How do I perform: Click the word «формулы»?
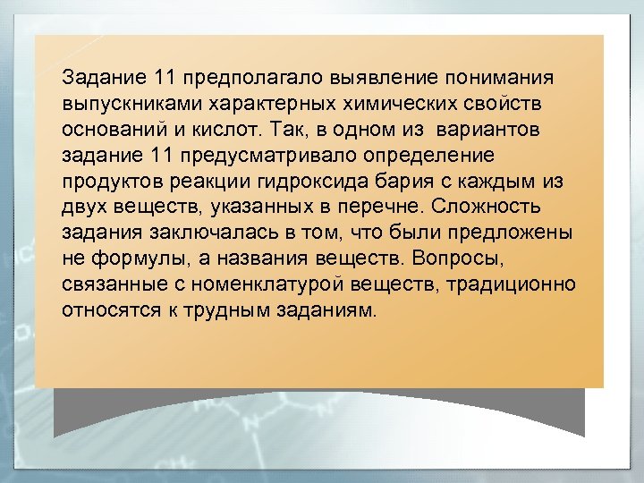point(131,258)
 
